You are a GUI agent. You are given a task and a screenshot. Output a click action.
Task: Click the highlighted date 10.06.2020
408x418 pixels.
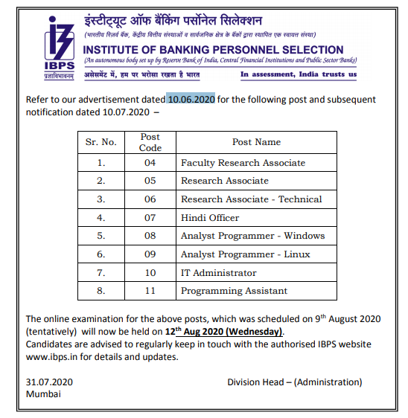coord(191,99)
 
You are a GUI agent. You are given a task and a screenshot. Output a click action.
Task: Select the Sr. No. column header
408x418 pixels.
coord(102,142)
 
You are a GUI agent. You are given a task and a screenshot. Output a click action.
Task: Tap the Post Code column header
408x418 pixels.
coord(150,142)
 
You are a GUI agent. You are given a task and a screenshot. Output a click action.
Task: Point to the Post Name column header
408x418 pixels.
coord(256,142)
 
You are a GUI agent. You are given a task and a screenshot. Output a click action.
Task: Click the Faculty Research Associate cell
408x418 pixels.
coord(243,162)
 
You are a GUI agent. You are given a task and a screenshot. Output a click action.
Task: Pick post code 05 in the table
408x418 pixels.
coord(150,181)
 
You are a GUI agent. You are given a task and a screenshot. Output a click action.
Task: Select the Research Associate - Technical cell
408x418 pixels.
coord(251,199)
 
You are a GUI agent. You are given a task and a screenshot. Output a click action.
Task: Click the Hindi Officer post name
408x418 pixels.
coord(210,218)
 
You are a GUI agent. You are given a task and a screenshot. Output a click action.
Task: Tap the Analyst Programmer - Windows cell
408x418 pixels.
coord(252,236)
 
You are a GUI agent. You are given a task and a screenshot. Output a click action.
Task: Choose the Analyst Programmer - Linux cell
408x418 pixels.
coord(246,254)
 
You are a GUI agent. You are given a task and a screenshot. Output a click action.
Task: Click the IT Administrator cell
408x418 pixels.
coord(218,273)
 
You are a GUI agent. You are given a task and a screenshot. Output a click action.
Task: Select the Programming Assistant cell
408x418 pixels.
coord(234,291)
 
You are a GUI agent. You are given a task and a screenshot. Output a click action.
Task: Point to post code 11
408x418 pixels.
coord(150,291)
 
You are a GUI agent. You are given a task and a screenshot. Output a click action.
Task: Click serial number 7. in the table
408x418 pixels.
coord(102,273)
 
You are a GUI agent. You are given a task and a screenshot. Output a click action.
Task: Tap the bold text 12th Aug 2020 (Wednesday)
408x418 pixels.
coord(225,332)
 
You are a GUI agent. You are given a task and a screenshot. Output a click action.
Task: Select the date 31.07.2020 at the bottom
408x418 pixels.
coord(49,382)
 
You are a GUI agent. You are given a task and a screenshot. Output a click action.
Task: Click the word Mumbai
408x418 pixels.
coord(43,394)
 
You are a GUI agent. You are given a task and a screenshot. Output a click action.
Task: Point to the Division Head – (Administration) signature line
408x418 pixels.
coord(295,382)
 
